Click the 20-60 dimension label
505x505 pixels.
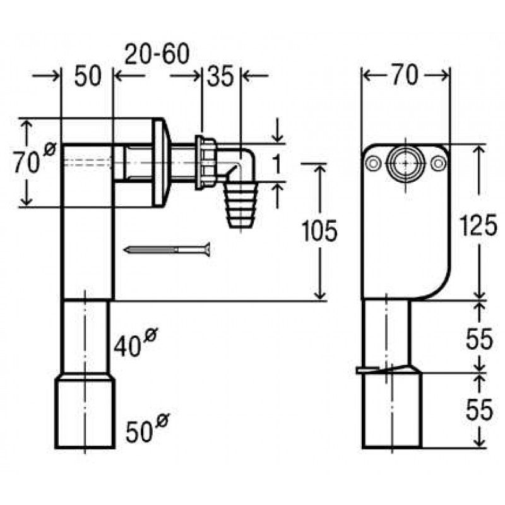(x=157, y=54)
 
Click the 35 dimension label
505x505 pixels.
(x=220, y=76)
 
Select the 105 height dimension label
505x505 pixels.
(x=319, y=230)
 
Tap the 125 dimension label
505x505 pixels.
(x=478, y=225)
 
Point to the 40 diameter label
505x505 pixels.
(x=134, y=342)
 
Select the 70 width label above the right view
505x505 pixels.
(x=405, y=75)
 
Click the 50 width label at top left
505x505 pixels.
(x=88, y=76)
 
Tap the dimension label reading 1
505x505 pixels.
(x=276, y=163)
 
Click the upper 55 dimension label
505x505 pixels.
(x=479, y=339)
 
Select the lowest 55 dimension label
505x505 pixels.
(x=479, y=409)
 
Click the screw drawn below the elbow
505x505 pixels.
(x=169, y=249)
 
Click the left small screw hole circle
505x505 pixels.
(x=373, y=163)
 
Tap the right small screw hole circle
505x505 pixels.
(x=438, y=163)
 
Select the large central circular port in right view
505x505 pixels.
(x=405, y=163)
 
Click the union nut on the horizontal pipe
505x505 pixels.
(x=206, y=163)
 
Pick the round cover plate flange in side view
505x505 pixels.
(x=160, y=163)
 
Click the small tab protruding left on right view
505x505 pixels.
(x=368, y=371)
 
